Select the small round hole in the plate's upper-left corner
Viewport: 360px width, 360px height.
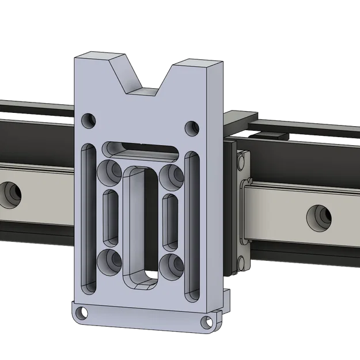[x=88, y=120]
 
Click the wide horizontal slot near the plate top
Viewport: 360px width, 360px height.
[x=140, y=150]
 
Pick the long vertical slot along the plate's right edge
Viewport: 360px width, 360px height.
[x=192, y=226]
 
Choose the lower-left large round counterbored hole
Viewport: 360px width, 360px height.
[x=108, y=262]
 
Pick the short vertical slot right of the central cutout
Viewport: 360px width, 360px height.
[x=170, y=220]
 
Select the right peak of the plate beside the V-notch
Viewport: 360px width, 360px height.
[x=196, y=63]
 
